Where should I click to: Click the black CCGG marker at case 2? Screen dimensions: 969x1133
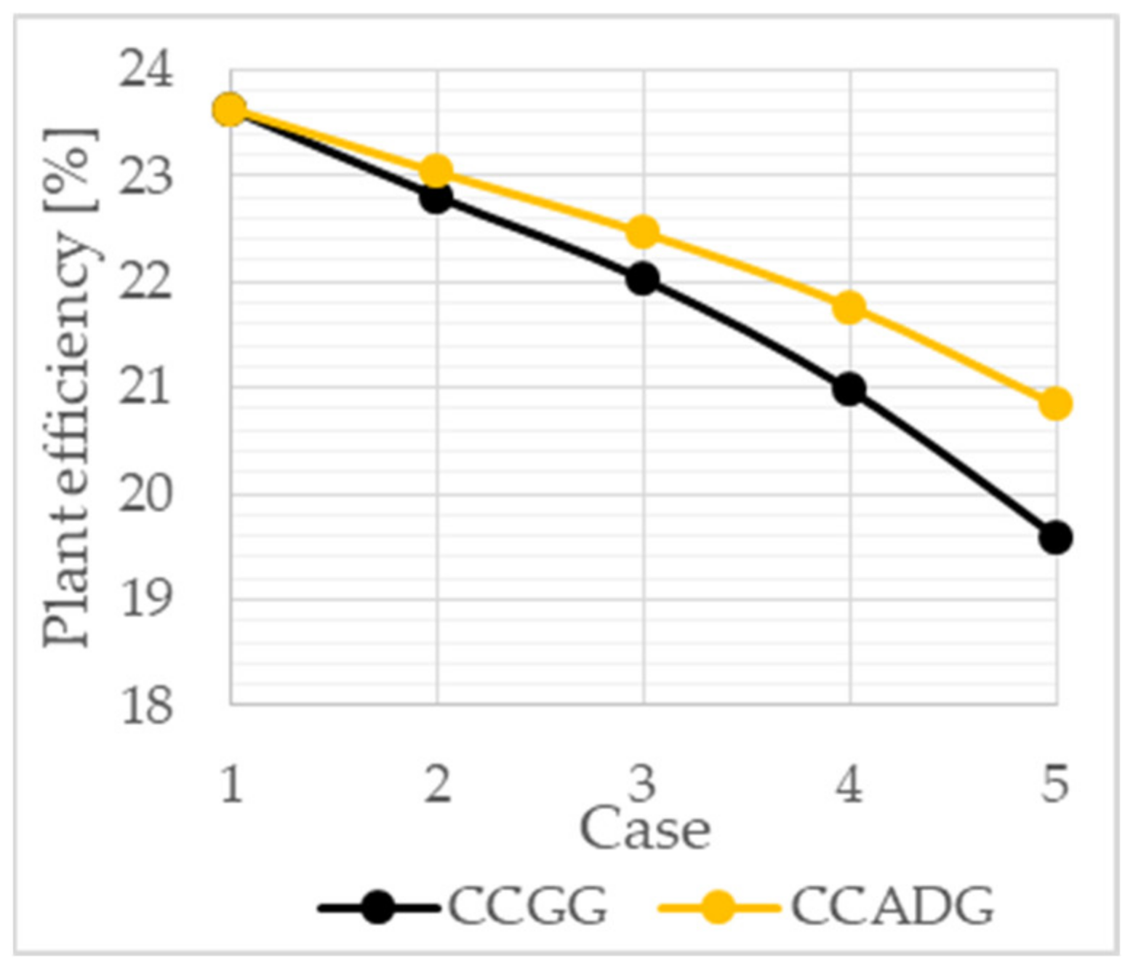(437, 196)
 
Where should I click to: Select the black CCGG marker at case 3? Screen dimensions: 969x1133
(643, 279)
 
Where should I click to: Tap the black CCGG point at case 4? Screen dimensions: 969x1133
(849, 389)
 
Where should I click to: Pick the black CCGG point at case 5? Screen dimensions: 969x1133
(1055, 538)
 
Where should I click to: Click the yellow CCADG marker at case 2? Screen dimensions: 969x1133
(437, 171)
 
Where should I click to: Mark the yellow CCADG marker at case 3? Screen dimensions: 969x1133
(643, 231)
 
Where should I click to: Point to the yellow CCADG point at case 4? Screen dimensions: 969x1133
(849, 307)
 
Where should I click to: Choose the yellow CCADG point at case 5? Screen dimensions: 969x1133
(1055, 403)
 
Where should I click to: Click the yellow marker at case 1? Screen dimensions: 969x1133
(230, 110)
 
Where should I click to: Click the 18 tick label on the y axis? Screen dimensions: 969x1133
(146, 705)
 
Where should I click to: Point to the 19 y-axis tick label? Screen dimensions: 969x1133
(146, 599)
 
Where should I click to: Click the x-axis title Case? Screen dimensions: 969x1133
(644, 829)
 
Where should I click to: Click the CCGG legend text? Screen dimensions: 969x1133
(527, 906)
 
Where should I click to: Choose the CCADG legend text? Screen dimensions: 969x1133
(892, 906)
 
